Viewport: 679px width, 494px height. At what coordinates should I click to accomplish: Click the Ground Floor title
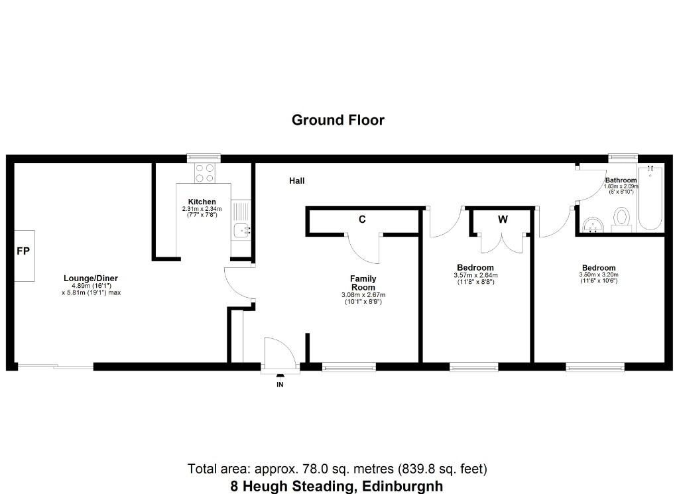point(338,120)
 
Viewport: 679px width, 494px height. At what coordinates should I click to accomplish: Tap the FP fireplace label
point(23,251)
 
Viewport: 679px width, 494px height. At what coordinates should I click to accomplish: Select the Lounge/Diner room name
point(90,278)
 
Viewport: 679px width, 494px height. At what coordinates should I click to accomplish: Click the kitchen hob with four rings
point(205,173)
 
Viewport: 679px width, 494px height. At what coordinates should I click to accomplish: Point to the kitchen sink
point(241,230)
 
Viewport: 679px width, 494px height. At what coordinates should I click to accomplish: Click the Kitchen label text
point(202,202)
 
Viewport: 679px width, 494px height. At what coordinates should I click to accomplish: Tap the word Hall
point(296,181)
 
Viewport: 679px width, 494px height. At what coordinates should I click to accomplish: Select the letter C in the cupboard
point(362,219)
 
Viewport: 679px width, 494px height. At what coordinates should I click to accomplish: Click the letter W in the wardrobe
point(503,219)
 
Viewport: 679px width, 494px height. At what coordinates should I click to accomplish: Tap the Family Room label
point(363,283)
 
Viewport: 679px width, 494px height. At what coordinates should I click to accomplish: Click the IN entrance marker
point(280,385)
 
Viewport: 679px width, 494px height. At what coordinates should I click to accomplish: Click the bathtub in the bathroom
point(650,198)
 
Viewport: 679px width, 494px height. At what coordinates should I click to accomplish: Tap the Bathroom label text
point(621,180)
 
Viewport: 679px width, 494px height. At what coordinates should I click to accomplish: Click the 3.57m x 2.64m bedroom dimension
point(475,275)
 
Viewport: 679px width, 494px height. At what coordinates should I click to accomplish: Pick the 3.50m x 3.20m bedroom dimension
point(599,275)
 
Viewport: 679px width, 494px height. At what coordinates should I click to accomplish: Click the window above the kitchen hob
point(204,158)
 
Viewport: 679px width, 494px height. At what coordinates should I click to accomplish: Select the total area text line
point(338,469)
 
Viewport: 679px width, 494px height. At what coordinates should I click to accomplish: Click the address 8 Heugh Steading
point(292,486)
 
